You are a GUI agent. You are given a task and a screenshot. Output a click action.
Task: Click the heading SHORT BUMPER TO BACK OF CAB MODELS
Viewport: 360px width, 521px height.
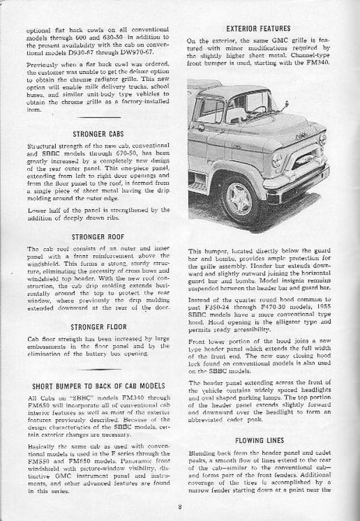[98, 386]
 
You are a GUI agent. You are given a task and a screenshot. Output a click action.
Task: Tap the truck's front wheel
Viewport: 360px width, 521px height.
[238, 198]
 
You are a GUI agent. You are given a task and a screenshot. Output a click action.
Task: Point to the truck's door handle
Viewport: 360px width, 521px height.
[200, 127]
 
